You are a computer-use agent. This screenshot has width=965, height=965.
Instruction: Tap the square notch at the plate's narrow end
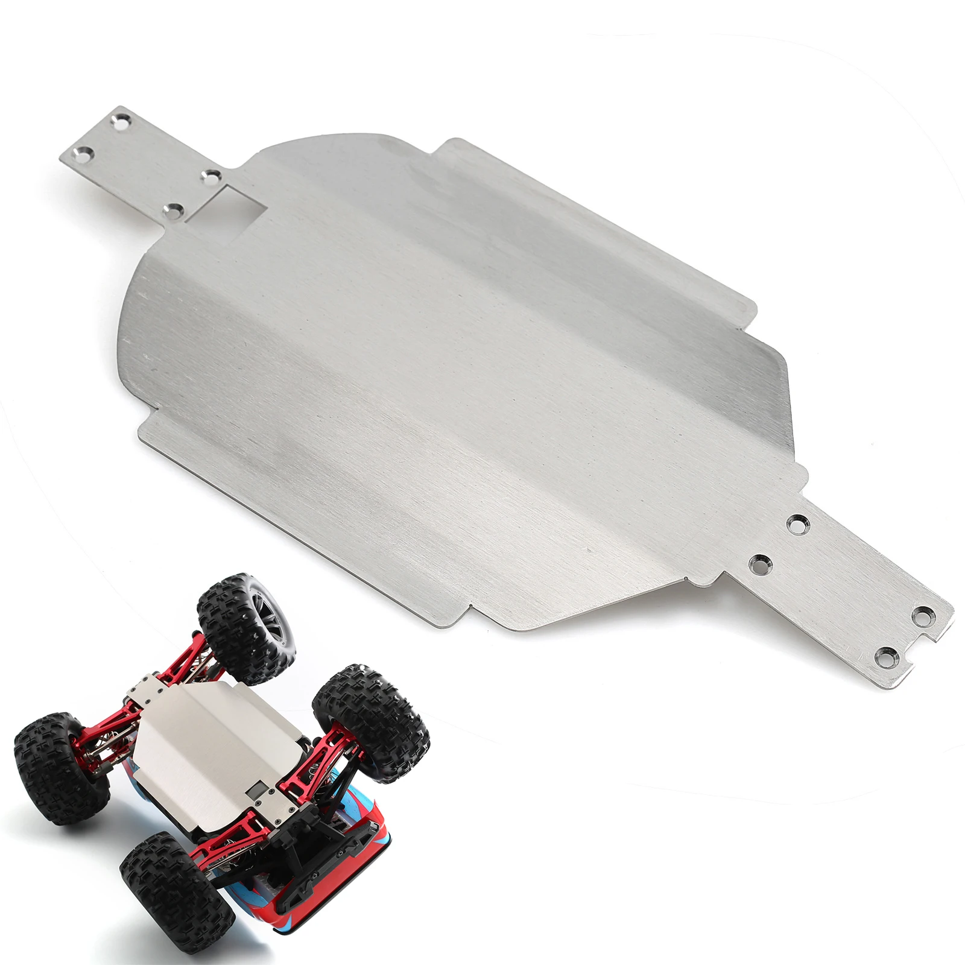[928, 634]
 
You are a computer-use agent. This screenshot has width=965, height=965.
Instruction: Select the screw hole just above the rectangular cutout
[212, 177]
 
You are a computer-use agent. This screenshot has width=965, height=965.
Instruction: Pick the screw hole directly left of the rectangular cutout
[176, 210]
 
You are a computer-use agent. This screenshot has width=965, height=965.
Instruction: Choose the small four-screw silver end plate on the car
[148, 691]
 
